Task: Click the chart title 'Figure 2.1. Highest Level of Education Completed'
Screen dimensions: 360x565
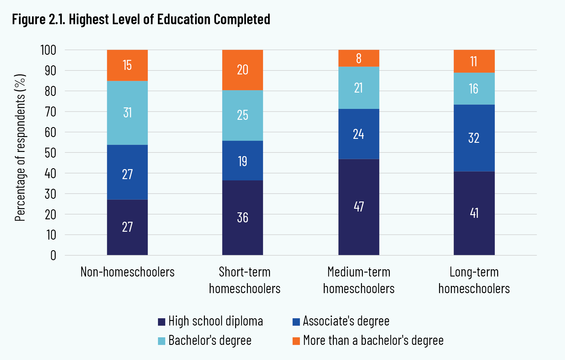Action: coord(141,19)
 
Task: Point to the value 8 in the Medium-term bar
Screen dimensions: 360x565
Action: coord(359,58)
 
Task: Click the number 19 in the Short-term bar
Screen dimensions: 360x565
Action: coord(242,161)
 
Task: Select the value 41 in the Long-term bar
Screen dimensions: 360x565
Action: coord(474,213)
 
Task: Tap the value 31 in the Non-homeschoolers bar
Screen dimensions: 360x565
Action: coord(127,113)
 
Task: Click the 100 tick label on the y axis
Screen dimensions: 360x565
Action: coord(48,50)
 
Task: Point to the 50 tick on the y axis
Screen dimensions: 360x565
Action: coord(51,153)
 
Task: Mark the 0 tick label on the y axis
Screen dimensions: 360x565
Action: coord(53,256)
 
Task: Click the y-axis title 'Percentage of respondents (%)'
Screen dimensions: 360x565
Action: coord(20,148)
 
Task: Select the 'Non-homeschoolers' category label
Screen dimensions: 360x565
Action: coord(127,272)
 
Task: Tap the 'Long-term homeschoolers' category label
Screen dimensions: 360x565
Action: coord(474,280)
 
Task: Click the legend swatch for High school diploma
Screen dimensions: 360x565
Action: coord(162,322)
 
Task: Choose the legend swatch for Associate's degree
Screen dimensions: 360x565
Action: coord(296,322)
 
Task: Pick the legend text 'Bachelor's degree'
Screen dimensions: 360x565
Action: coord(210,341)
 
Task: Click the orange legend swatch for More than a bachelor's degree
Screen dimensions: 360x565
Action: coord(296,341)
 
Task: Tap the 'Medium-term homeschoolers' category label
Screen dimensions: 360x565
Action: coord(359,280)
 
